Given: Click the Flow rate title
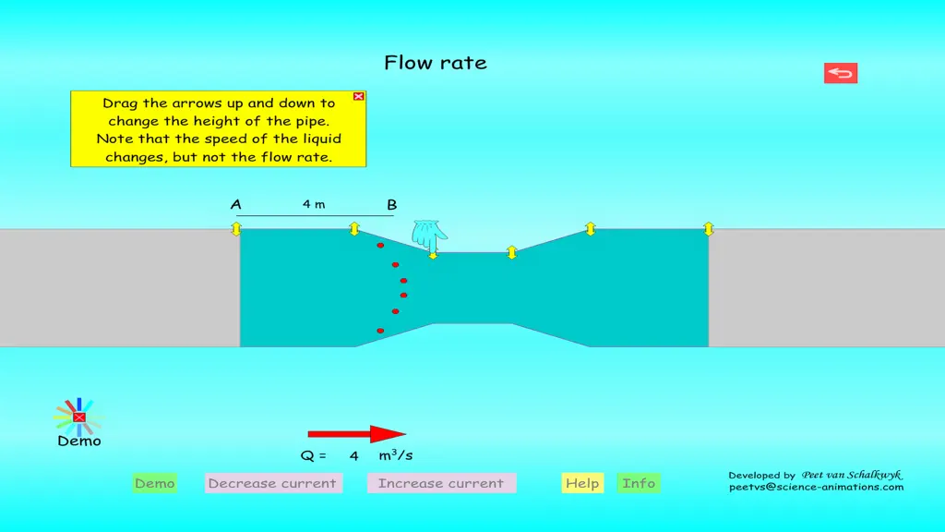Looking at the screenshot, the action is [436, 63].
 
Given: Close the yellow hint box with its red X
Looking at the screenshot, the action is [359, 96].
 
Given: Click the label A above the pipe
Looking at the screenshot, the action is [235, 204].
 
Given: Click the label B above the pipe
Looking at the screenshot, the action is [391, 205].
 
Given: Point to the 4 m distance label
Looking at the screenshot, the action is [314, 204].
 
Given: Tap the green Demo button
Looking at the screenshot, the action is [155, 483].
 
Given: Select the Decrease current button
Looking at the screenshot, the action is [273, 483].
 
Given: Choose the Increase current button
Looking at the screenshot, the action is [442, 483].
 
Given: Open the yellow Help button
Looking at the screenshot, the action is [582, 483].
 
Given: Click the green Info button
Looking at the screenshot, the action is [639, 483].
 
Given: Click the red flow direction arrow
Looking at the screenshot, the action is [357, 434].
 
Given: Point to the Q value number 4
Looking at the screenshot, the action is [353, 456].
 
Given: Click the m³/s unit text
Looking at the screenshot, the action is [395, 454].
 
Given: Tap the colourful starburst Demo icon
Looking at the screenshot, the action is [79, 417].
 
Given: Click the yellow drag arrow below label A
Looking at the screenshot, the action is [236, 229].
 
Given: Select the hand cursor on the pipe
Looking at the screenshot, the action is [428, 236].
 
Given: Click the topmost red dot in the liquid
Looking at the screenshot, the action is [380, 246].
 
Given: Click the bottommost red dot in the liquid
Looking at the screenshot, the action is [380, 331].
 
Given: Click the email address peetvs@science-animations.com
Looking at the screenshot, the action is [816, 488].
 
